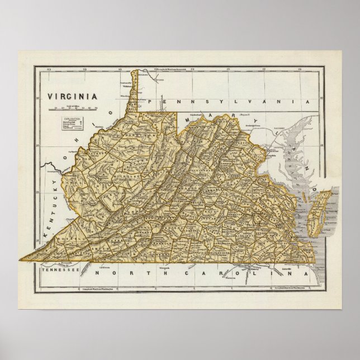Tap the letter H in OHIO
(x=102, y=127)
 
